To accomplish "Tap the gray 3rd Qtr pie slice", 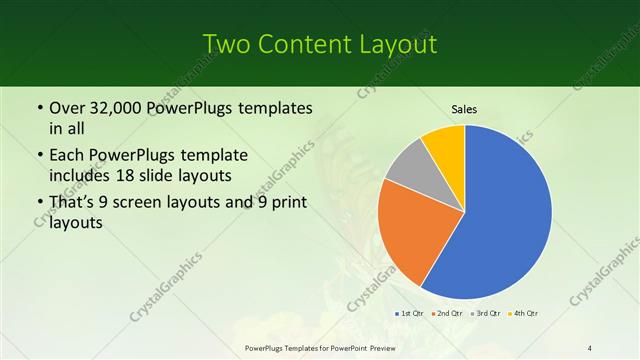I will pyautogui.click(x=409, y=169).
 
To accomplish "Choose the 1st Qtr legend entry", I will pyautogui.click(x=411, y=314).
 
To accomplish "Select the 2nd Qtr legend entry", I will pyautogui.click(x=447, y=314).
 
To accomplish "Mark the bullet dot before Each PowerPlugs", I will pyautogui.click(x=39, y=156).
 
